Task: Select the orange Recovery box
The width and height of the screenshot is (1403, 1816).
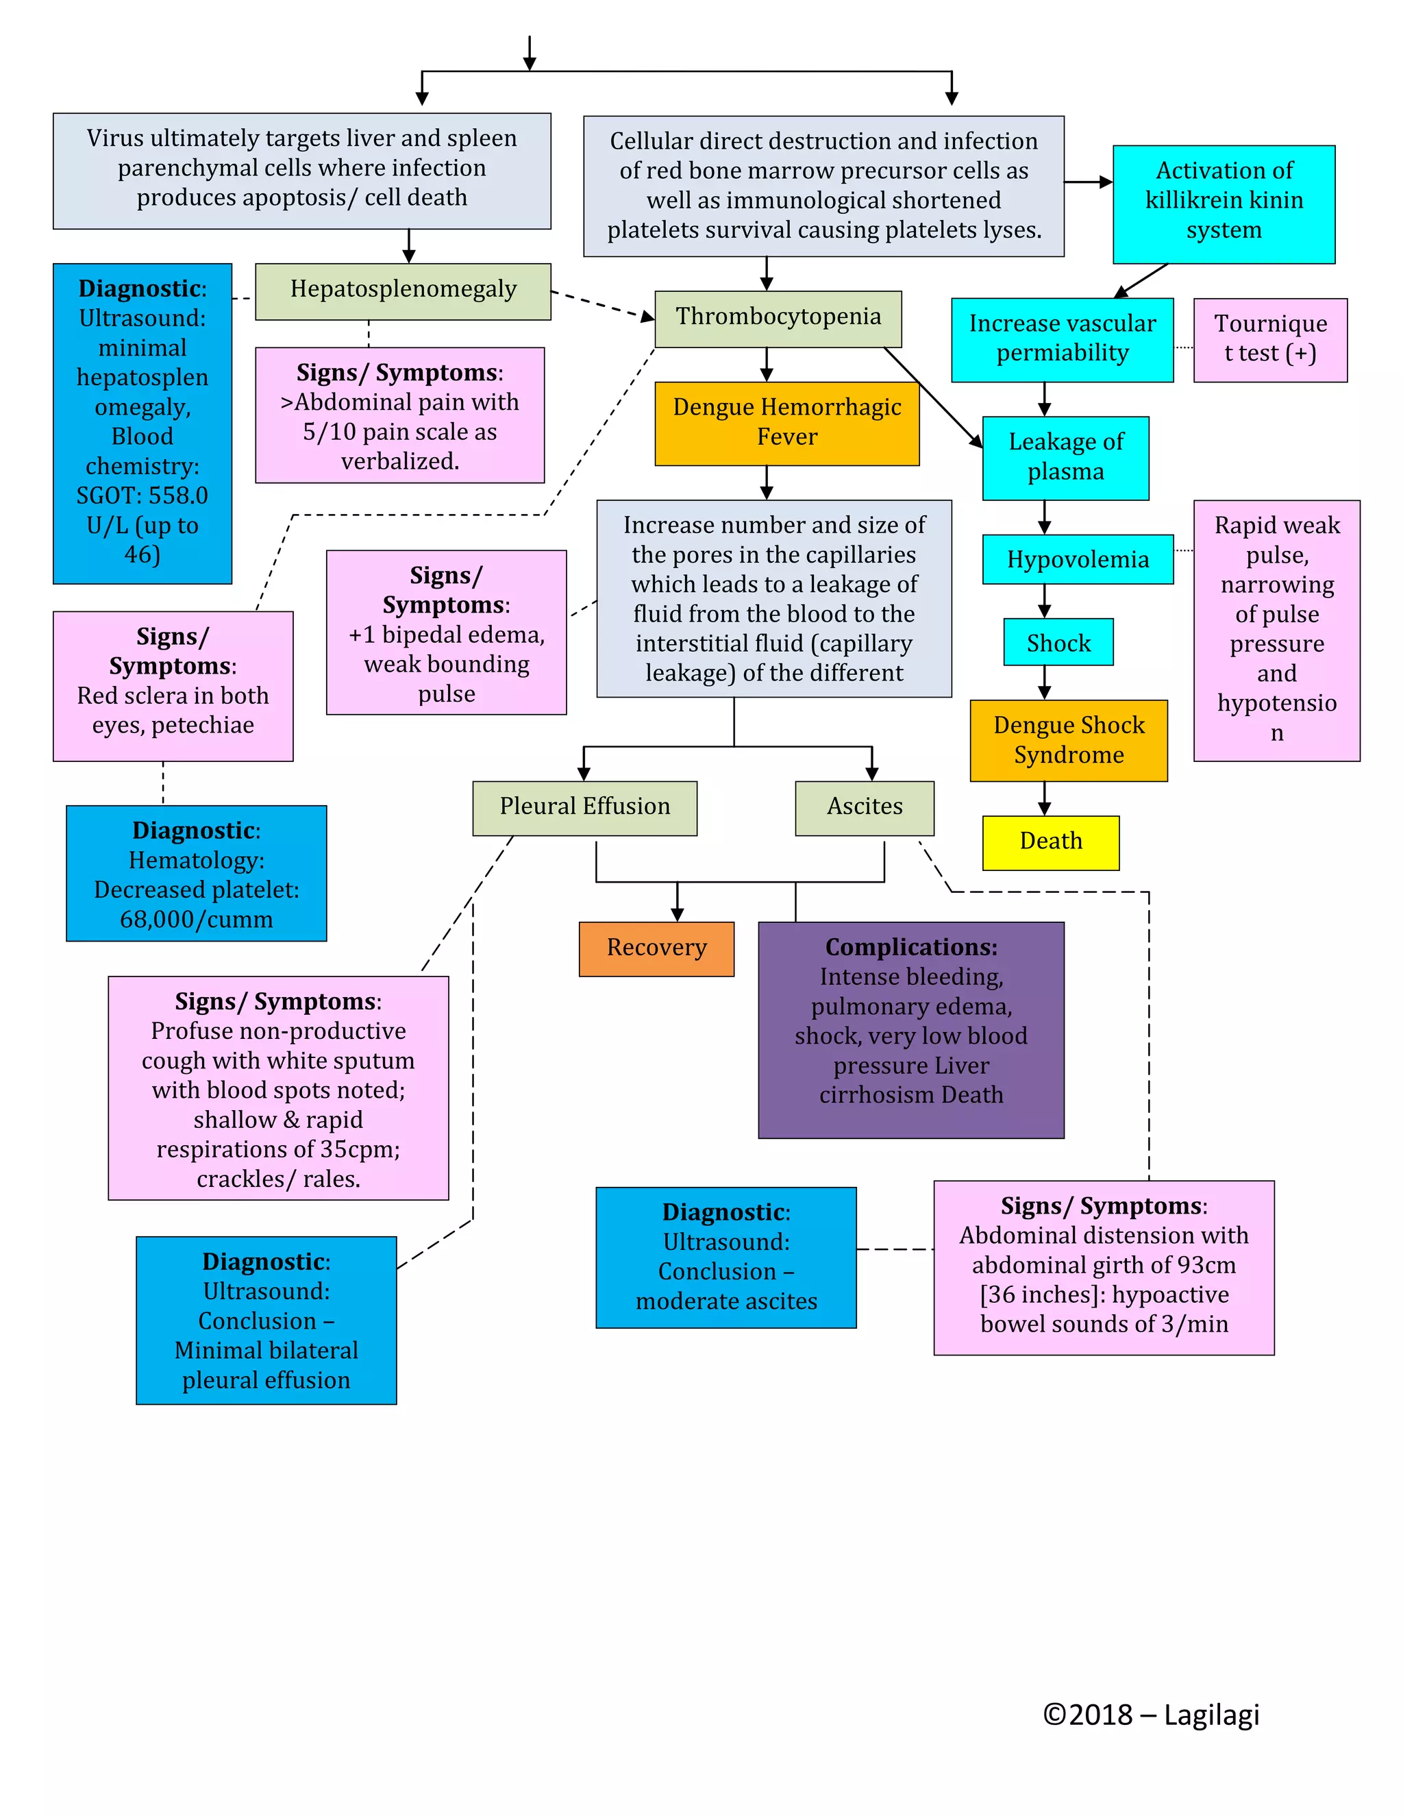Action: click(656, 948)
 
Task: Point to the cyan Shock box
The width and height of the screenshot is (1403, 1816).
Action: click(1057, 642)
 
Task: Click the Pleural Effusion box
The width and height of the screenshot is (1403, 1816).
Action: click(584, 807)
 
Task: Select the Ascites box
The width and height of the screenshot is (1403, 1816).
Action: click(864, 807)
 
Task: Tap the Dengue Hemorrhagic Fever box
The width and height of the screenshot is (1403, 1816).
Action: click(786, 422)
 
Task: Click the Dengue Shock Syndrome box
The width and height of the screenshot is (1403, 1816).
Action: click(1068, 740)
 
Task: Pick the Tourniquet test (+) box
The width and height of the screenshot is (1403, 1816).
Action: click(1269, 339)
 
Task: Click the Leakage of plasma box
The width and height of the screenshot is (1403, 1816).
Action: click(1065, 457)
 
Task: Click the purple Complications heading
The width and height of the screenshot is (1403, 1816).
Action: click(910, 947)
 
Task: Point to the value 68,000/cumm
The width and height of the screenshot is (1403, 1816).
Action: click(196, 920)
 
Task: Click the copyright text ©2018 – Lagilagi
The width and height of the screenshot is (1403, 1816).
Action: click(1150, 1715)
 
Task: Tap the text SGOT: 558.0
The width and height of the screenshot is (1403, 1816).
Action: click(142, 495)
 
